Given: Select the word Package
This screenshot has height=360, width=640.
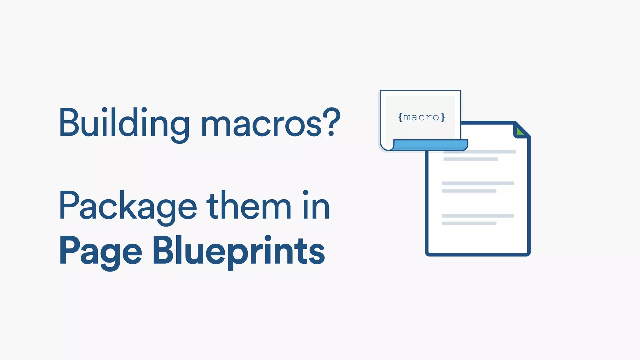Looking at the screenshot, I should coord(127,206).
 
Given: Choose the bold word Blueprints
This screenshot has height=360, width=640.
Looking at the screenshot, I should coord(239,252).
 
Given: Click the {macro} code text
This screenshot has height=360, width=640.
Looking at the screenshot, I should coord(421,117).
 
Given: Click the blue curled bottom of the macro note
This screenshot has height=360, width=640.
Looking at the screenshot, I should coord(430,145).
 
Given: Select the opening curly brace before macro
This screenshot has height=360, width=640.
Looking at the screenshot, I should coord(400,117).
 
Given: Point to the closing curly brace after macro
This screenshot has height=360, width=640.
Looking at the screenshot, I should coord(443,117).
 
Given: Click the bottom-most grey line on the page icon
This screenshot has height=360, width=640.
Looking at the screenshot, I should coord(469,223).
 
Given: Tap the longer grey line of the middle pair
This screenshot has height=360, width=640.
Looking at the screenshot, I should coord(478,183).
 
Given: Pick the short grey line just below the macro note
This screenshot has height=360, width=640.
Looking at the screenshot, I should coord(470,159).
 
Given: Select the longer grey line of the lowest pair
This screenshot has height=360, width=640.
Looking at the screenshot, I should coord(478,216).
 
